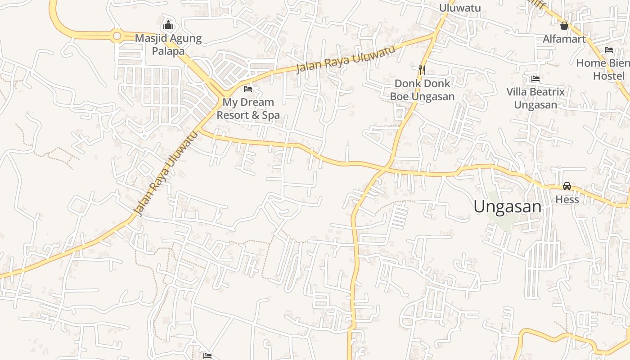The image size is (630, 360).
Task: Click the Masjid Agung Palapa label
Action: click(168, 45)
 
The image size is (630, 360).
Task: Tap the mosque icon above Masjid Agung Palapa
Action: click(168, 25)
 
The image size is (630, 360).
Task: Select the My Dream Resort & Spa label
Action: click(248, 109)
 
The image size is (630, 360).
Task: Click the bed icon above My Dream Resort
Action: click(247, 89)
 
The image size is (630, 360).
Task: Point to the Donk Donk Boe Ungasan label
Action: click(422, 90)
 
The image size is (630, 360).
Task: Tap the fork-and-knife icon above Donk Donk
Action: click(422, 70)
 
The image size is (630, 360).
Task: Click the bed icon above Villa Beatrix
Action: click(535, 79)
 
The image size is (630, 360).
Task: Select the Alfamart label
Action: click(564, 39)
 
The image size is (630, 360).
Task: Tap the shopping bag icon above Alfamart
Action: click(564, 26)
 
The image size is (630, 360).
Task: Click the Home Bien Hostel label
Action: click(603, 69)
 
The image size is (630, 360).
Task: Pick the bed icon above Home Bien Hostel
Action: click(609, 50)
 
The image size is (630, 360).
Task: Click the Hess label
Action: click(567, 199)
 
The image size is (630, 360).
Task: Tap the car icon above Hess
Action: click(567, 186)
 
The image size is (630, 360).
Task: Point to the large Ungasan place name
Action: click(507, 207)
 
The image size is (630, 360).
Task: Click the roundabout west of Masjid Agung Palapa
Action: click(117, 35)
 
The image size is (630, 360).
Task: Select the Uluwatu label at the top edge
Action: click(460, 8)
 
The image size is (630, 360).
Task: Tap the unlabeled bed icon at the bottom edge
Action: click(207, 356)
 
